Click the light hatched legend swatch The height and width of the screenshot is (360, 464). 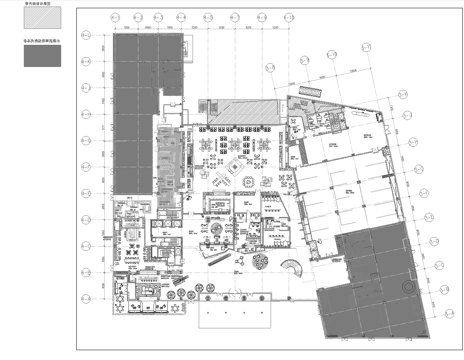tap(18, 20)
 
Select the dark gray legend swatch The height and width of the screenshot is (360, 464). tap(18, 57)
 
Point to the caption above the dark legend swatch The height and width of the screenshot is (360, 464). tap(20, 41)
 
